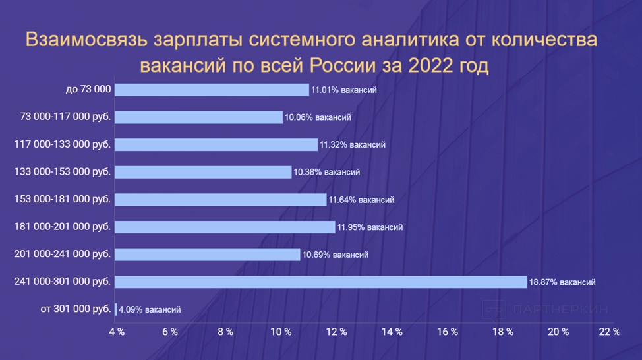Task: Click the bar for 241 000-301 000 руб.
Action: pyautogui.click(x=321, y=282)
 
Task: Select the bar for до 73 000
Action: pyautogui.click(x=212, y=90)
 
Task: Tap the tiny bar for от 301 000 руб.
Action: pyautogui.click(x=116, y=309)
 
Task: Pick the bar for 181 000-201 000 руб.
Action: pyautogui.click(x=225, y=227)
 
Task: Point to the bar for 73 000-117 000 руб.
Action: pyautogui.click(x=198, y=117)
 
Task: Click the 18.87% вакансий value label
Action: pyautogui.click(x=562, y=282)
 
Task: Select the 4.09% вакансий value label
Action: pyautogui.click(x=150, y=309)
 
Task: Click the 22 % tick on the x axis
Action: pyautogui.click(x=609, y=332)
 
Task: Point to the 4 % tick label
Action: pyautogui.click(x=117, y=332)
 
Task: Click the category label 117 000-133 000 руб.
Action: pyautogui.click(x=63, y=144)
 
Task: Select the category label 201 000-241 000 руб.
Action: pyautogui.click(x=63, y=254)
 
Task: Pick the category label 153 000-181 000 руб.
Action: pyautogui.click(x=63, y=199)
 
